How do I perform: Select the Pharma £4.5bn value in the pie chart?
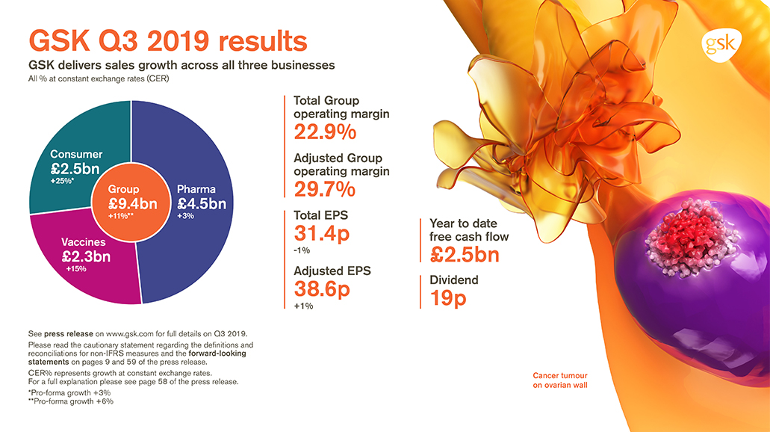(201, 203)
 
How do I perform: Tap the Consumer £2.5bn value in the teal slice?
(75, 169)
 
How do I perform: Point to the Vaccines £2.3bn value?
(85, 257)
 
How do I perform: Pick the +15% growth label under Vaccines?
(76, 270)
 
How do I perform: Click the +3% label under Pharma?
(185, 216)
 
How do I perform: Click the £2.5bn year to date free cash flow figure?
(465, 255)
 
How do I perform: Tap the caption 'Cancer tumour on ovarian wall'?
(560, 380)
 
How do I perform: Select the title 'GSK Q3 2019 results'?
(167, 40)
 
